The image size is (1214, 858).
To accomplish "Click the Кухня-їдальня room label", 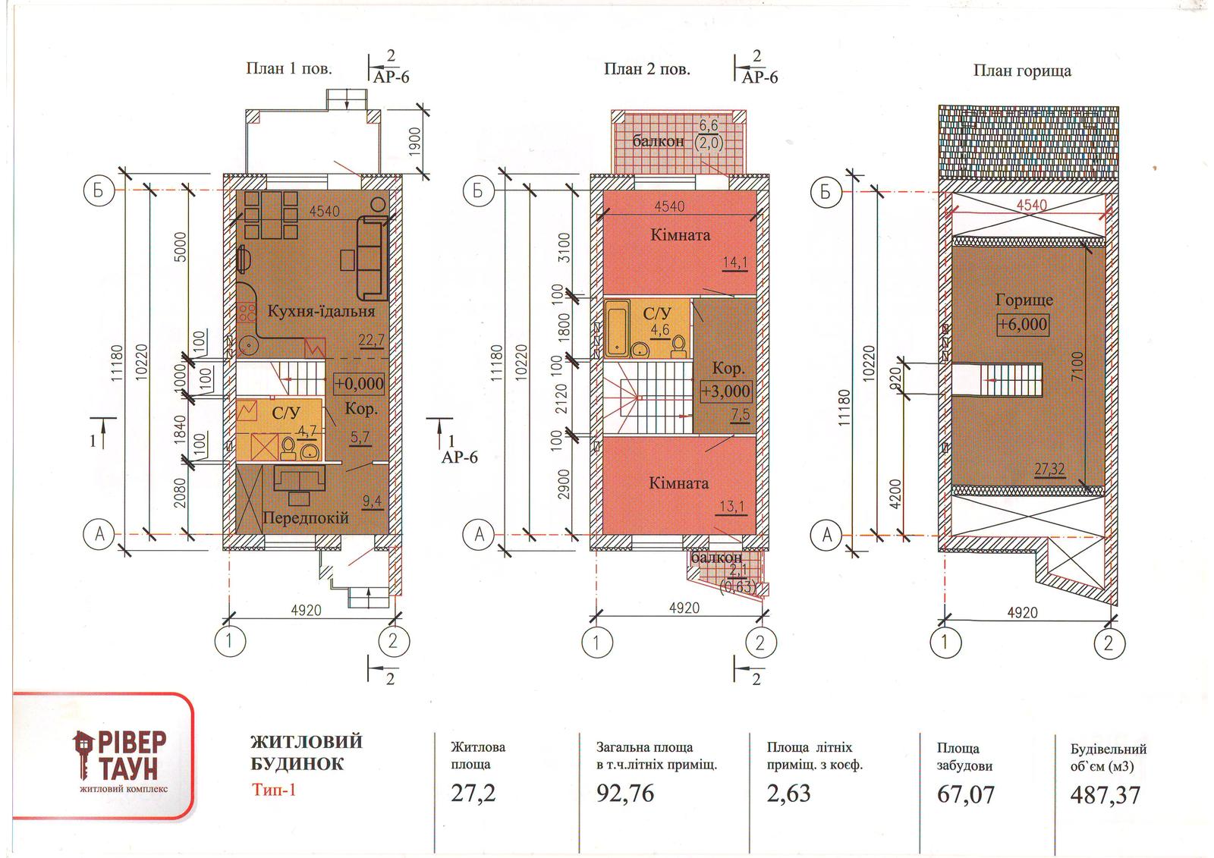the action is coord(321,312).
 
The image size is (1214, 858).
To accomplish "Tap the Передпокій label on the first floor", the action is coord(306,517).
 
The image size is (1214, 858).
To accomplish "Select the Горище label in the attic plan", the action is coord(1024,300).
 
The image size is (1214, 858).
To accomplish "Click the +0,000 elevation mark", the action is coord(359,384).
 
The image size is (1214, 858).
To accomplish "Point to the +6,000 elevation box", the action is coord(1023,324).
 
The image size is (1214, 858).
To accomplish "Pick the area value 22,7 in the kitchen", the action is coord(371,341).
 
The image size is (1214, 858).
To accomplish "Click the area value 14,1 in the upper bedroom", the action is coord(735,263).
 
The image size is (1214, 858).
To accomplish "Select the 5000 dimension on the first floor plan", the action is coord(181,247).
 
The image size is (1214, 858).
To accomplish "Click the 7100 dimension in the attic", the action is coord(1077,366).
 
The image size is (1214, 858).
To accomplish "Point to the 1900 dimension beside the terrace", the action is coord(414,141).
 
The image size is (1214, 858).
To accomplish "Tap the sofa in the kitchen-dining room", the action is coord(373,257).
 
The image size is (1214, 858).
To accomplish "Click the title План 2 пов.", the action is coord(647,69).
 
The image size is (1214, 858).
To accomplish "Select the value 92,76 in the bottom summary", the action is coord(625,794).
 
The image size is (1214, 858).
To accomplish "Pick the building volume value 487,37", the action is coord(1105,795).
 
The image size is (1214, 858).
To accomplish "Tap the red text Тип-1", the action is coord(274,790).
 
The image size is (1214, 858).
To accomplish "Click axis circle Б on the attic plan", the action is coord(826,192).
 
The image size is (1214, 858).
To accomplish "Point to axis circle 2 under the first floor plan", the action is coord(393,642).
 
